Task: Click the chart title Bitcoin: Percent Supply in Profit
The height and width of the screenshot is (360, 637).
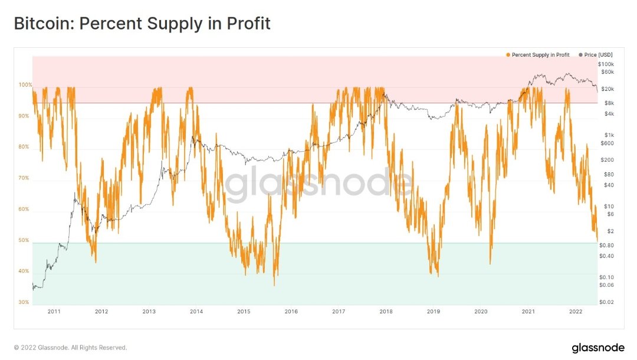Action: (x=142, y=24)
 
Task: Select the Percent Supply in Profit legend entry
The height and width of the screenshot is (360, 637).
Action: (x=540, y=55)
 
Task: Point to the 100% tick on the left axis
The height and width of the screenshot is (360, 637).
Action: (x=25, y=85)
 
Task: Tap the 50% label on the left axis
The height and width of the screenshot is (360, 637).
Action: (x=24, y=240)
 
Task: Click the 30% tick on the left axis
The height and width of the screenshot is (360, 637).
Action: (x=24, y=302)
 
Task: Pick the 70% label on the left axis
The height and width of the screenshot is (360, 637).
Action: (x=24, y=178)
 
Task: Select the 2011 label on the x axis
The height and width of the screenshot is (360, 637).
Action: (x=54, y=311)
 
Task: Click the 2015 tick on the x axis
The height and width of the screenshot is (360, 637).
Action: (x=244, y=311)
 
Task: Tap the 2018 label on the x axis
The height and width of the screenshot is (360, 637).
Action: (x=386, y=311)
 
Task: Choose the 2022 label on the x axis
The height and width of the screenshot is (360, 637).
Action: (x=576, y=311)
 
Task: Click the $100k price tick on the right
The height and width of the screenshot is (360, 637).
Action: (x=606, y=64)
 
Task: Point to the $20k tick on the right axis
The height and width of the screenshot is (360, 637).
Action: (x=607, y=89)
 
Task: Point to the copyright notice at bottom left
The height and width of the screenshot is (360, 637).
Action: (x=70, y=348)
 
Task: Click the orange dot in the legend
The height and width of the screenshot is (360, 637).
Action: (x=508, y=55)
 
